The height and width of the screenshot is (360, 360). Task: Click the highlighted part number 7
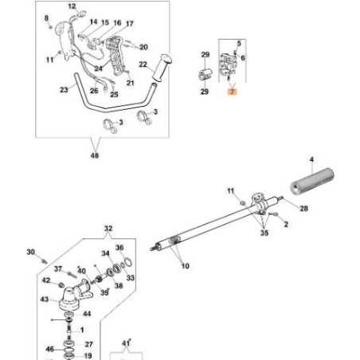click(232, 92)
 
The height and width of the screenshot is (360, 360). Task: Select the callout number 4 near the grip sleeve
click(311, 162)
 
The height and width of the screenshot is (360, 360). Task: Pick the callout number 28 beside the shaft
click(303, 209)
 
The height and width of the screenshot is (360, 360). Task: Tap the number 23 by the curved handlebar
click(64, 91)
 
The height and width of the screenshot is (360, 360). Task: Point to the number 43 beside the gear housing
click(44, 300)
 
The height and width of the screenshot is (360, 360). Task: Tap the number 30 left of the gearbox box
click(31, 252)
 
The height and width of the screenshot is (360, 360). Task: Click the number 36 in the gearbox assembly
click(119, 248)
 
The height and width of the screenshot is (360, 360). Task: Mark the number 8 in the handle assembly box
click(46, 18)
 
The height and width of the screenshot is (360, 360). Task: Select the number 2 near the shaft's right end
click(285, 225)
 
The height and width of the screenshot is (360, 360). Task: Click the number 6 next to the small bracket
click(243, 57)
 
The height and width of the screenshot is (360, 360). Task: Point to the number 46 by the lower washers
click(49, 348)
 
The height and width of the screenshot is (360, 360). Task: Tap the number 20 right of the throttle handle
click(144, 48)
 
